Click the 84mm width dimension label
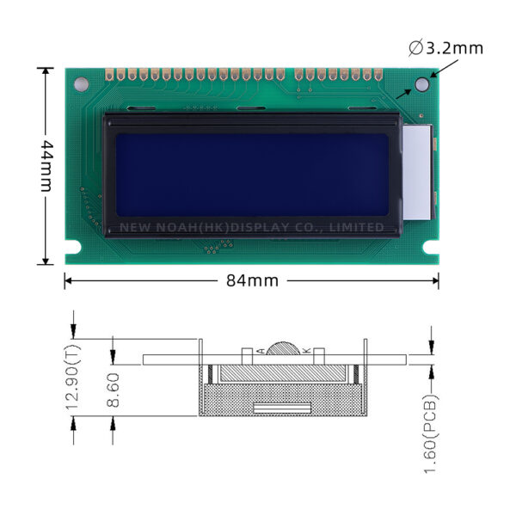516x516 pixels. click(252, 280)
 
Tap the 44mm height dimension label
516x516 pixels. click(46, 166)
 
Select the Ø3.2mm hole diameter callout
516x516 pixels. click(445, 48)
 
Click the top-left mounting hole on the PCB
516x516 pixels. click(81, 84)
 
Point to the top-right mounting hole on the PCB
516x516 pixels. click(422, 84)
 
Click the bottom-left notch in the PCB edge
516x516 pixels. click(73, 247)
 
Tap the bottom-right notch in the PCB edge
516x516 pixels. click(431, 247)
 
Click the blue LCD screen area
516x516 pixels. click(252, 175)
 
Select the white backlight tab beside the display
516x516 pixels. click(417, 172)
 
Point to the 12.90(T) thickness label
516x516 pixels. click(73, 378)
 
